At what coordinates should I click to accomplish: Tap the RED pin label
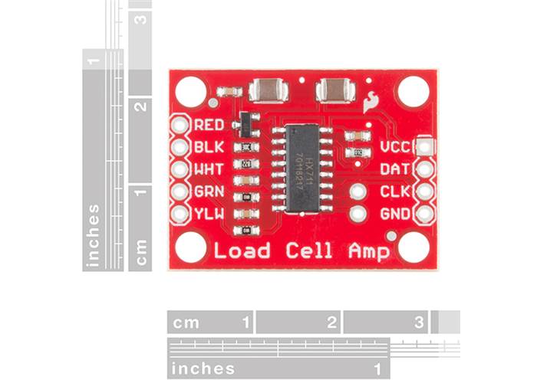(209, 124)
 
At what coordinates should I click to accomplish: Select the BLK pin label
(209, 146)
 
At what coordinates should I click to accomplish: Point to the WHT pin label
(209, 169)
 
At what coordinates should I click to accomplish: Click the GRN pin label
(209, 191)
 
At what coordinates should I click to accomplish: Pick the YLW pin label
(209, 214)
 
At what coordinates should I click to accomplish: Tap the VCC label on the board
(397, 146)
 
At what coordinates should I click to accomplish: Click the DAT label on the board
(396, 169)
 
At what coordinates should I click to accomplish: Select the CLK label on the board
(396, 191)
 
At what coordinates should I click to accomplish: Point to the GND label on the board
(396, 214)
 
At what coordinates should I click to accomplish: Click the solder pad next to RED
(180, 124)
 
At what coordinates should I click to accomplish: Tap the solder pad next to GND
(424, 214)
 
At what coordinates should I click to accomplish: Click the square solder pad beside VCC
(424, 146)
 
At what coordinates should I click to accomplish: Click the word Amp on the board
(368, 250)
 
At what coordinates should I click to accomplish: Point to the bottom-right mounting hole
(413, 247)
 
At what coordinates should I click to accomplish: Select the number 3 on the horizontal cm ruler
(419, 322)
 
